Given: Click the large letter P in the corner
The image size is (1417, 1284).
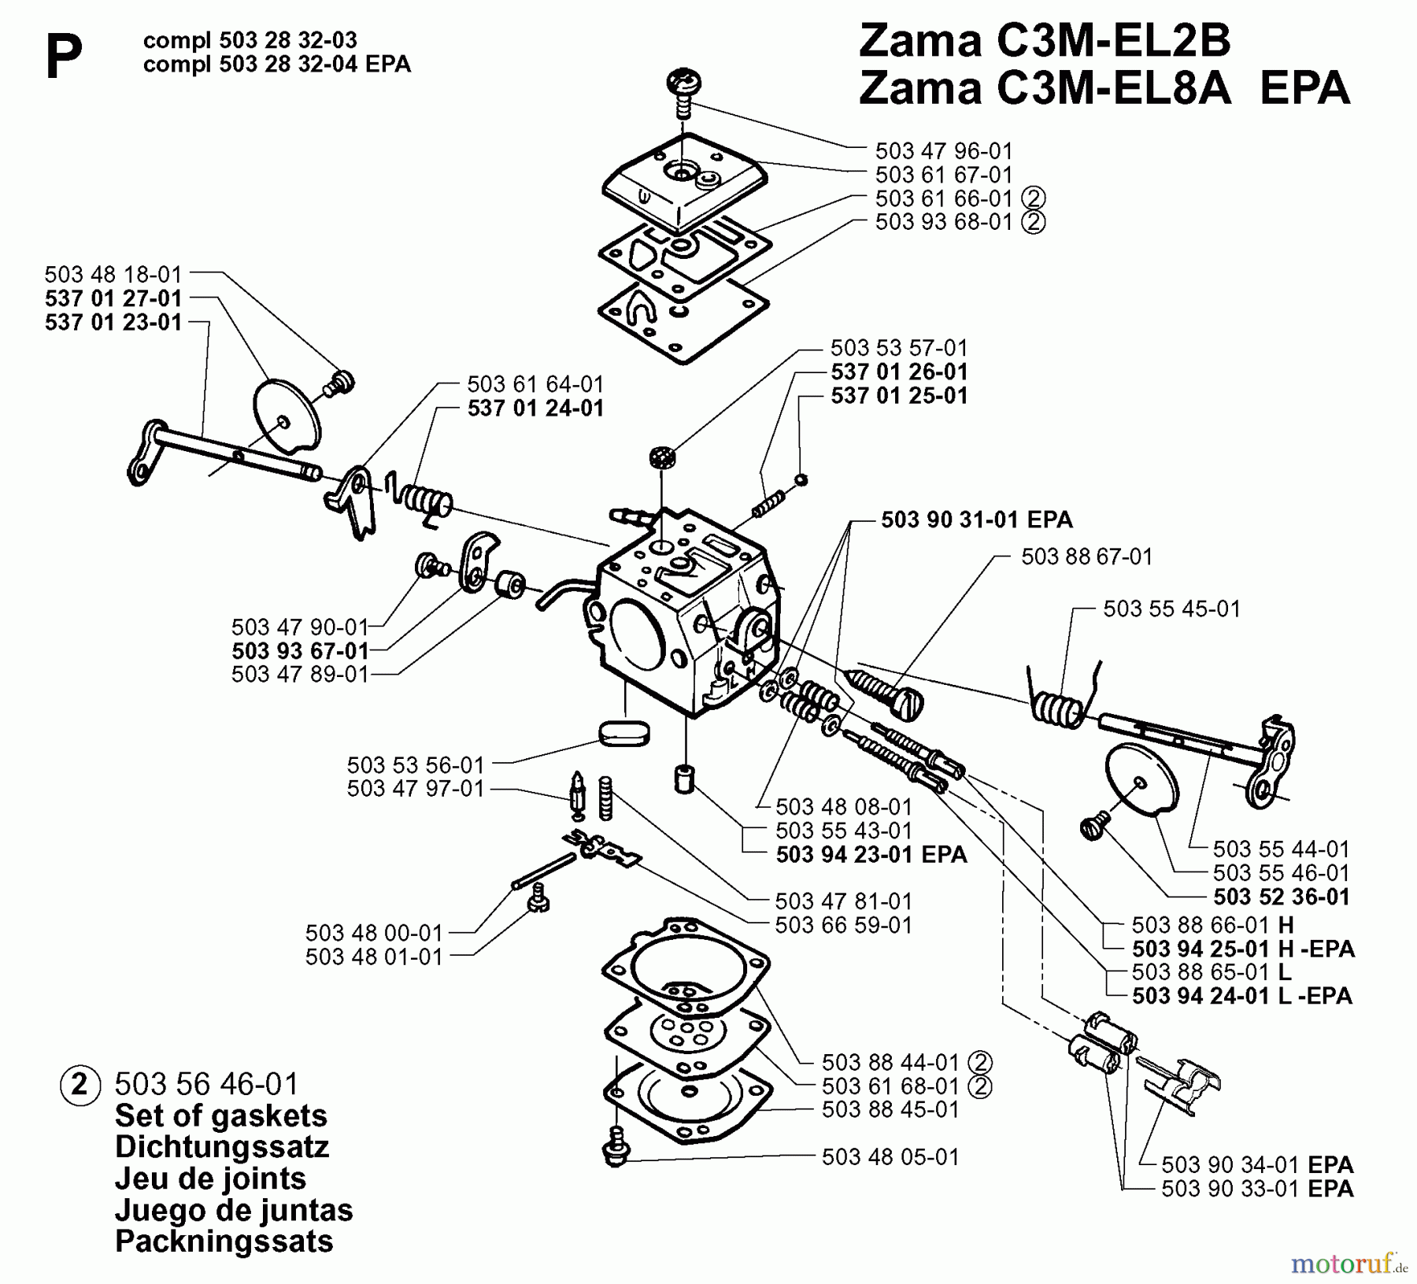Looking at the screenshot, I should (x=63, y=57).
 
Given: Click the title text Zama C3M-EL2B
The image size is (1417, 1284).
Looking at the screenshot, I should (x=1044, y=40).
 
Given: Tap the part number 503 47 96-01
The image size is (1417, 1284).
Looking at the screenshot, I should (x=943, y=150).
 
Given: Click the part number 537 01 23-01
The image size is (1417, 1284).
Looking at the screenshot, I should (x=113, y=322).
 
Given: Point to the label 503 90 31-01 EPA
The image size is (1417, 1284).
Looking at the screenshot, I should (x=976, y=520).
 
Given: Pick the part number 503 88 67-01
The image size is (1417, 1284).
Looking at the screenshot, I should (x=1086, y=557).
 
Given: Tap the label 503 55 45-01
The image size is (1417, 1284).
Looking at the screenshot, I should (x=1171, y=609).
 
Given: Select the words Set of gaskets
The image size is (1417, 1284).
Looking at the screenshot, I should (x=220, y=1116).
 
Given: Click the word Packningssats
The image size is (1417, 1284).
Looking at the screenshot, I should (x=224, y=1241).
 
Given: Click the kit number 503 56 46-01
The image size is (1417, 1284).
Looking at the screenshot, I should (x=206, y=1084).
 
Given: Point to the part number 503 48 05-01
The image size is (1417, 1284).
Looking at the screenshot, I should (x=890, y=1156).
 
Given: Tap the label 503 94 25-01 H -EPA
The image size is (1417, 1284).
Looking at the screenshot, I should (x=1243, y=949).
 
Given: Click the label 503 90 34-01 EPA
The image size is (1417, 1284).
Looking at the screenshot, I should (x=1257, y=1164).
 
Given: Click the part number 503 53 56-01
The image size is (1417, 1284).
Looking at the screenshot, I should (x=415, y=764).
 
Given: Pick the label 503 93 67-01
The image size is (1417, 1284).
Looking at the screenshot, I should (x=300, y=651).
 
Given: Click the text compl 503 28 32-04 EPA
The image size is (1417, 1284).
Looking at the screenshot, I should (x=276, y=64).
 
